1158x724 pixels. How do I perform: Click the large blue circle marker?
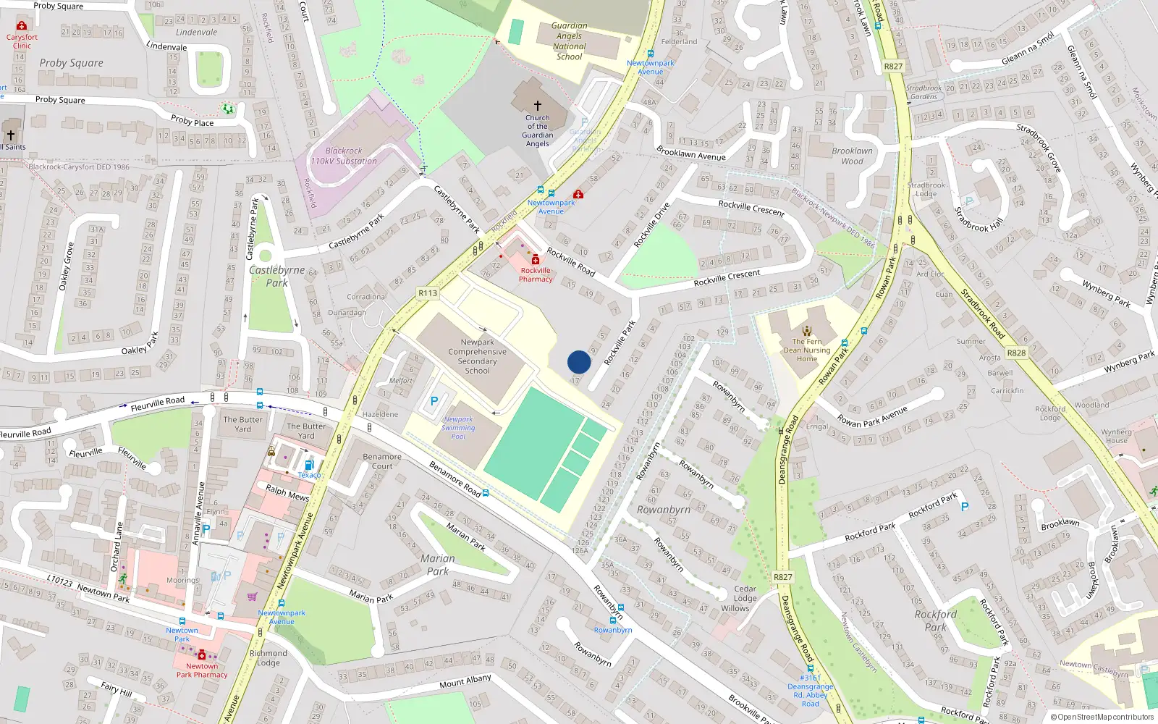pos(579,362)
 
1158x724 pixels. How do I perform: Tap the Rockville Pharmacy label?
pos(536,275)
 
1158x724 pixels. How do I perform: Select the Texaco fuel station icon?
pos(309,465)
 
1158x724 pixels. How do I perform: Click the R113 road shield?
pos(428,293)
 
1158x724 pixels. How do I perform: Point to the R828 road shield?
pos(1016,353)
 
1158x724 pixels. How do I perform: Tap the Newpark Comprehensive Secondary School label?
pos(477,356)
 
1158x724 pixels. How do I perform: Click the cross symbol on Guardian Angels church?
pos(537,106)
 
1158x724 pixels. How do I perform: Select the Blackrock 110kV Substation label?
pos(344,156)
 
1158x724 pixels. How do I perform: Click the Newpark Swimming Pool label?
pos(458,428)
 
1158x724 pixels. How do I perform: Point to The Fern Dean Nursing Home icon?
pos(807,331)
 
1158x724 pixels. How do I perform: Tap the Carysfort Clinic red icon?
pos(22,26)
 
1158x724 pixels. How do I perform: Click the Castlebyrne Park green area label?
pos(276,277)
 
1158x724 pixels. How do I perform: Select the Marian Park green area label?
pos(438,565)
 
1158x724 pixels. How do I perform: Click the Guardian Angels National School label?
pos(570,41)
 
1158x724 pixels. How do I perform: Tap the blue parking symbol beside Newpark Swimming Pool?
pos(434,401)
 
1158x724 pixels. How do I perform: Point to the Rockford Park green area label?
pos(935,621)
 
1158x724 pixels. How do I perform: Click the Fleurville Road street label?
pos(158,403)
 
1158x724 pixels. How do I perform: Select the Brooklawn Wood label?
pos(852,156)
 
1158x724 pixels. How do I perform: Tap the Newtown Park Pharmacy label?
pos(202,670)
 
